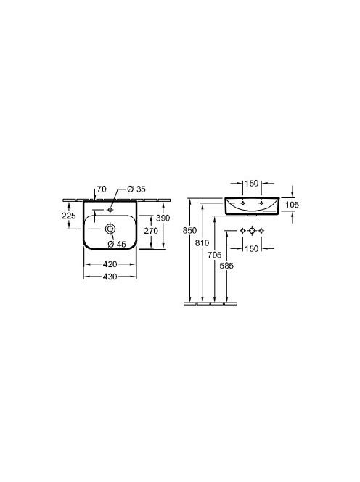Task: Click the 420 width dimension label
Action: (110, 264)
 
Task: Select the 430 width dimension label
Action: (110, 277)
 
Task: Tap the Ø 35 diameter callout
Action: (136, 189)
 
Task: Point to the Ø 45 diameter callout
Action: (117, 244)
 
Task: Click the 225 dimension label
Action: (69, 216)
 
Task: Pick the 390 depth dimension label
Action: (163, 218)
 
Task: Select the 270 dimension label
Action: (151, 231)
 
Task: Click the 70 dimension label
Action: (102, 189)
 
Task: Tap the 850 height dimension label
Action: (189, 230)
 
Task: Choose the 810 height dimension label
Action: (202, 243)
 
